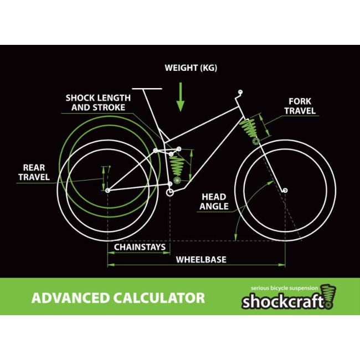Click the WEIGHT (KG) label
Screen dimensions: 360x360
191,69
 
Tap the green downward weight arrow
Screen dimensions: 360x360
180,97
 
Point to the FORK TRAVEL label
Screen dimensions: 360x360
300,106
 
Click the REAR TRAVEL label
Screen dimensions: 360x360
34,172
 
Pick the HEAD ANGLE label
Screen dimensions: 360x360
213,202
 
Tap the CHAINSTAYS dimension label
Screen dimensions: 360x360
140,246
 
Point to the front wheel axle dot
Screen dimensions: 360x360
285,191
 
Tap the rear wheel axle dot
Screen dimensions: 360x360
107,191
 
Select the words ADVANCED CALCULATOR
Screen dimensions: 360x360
118,297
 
